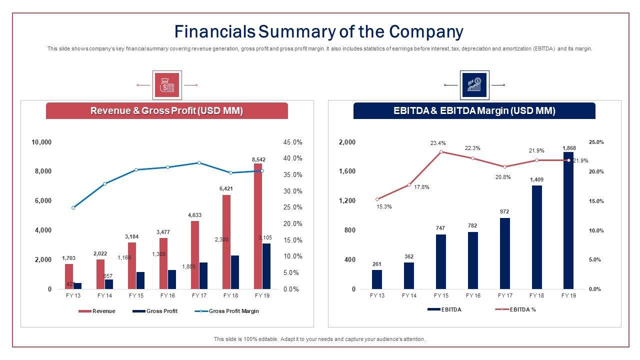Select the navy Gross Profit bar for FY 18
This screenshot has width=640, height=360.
234,272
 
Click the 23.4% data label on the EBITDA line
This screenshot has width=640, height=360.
438,143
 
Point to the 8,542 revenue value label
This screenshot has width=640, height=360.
258,159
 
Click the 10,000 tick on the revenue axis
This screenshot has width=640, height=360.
41,142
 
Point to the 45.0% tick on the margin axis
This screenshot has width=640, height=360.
292,142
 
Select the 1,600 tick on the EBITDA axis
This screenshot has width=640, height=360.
347,171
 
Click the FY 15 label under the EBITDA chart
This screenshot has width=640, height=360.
441,295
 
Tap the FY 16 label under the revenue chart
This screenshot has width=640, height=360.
167,295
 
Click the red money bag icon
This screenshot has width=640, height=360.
166,85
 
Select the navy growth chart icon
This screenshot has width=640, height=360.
474,85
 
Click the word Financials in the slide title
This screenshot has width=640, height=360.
214,31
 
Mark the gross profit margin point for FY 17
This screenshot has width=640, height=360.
199,162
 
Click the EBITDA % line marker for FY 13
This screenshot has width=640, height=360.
377,199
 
